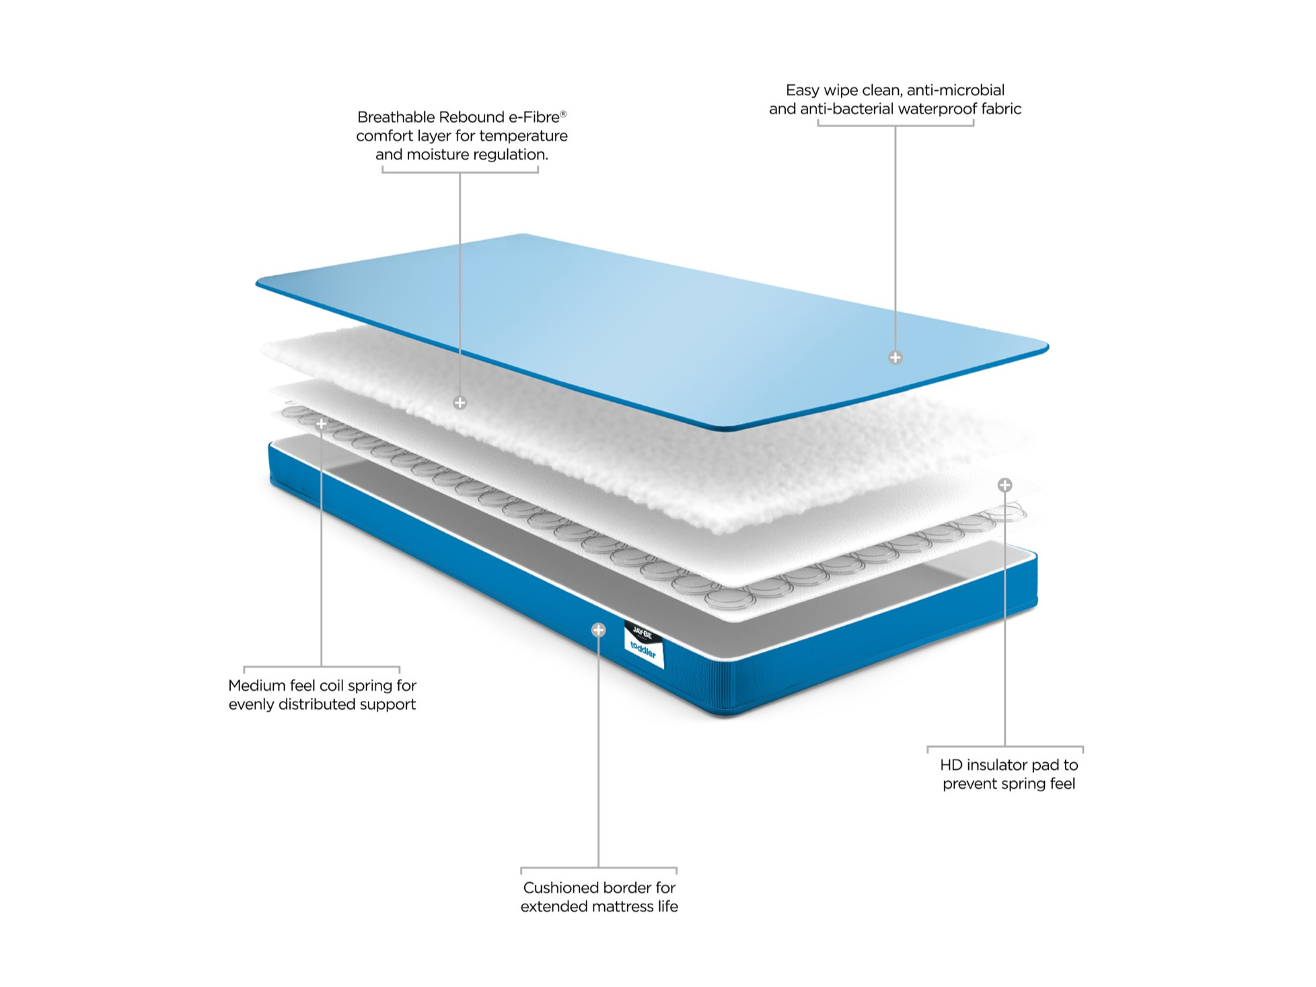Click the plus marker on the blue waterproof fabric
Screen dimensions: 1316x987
click(895, 357)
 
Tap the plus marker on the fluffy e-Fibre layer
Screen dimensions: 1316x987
click(460, 402)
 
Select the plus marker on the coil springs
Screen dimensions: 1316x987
click(322, 423)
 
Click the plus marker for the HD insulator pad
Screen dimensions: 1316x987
click(1004, 484)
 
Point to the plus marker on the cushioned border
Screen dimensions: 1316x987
click(598, 630)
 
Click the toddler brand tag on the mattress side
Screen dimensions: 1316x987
click(644, 645)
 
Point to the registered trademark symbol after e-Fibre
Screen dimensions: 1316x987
click(563, 114)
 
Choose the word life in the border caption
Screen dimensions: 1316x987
click(667, 907)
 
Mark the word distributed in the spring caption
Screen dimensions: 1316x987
click(314, 704)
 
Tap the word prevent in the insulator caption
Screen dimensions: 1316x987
click(969, 784)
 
